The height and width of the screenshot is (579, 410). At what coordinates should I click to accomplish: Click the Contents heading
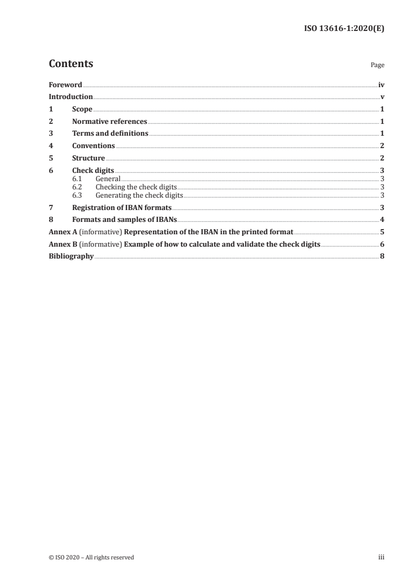[x=71, y=64]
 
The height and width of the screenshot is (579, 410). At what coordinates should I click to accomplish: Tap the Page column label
[x=377, y=66]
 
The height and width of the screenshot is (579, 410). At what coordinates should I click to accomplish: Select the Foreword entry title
[x=65, y=85]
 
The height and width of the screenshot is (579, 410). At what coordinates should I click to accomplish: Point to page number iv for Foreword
[x=381, y=85]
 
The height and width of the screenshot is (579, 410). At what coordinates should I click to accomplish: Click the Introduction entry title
[x=71, y=97]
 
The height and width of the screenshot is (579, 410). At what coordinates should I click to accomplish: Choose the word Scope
[x=82, y=109]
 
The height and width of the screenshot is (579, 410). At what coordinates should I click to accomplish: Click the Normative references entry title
[x=110, y=122]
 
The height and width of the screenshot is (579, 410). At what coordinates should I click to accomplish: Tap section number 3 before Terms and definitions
[x=51, y=134]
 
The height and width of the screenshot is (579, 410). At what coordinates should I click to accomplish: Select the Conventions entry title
[x=94, y=146]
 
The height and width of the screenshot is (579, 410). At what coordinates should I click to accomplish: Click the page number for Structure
[x=382, y=158]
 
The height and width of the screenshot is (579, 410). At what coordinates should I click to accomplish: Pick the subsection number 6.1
[x=77, y=179]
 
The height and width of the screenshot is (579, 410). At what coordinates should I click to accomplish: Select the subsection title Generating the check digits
[x=140, y=195]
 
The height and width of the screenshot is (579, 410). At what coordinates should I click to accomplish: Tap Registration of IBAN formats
[x=122, y=207]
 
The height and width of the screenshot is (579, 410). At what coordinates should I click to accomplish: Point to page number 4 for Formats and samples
[x=382, y=220]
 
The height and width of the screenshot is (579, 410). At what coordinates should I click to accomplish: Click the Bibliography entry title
[x=71, y=256]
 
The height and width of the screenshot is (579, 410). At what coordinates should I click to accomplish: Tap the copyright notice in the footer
[x=92, y=557]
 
